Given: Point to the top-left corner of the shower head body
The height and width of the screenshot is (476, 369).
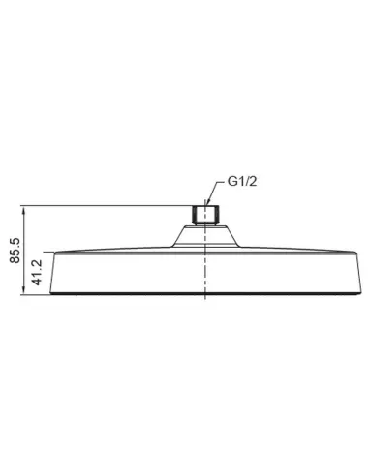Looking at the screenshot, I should point(57,251).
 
